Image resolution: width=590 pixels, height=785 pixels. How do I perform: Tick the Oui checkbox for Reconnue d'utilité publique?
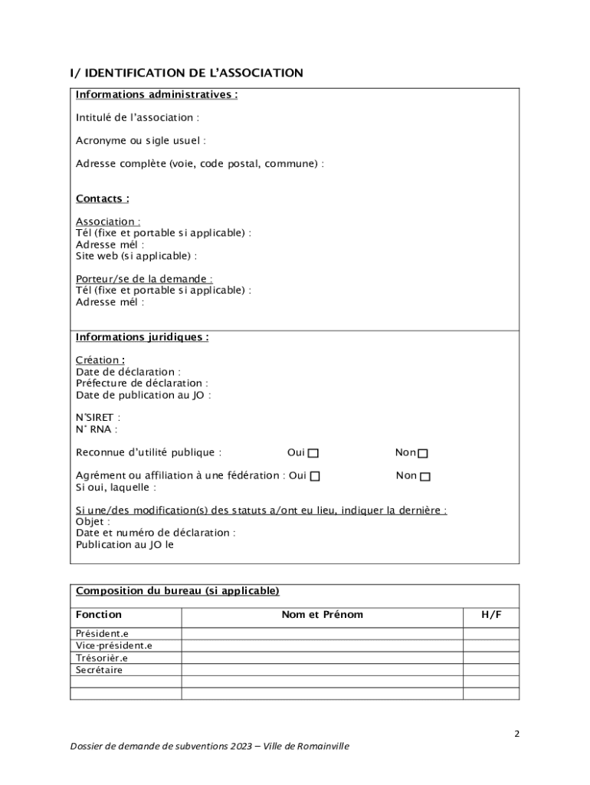click(x=313, y=454)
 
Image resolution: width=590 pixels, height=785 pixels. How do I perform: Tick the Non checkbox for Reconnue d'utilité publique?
click(x=423, y=454)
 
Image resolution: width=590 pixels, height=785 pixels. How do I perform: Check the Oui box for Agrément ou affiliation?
click(x=315, y=477)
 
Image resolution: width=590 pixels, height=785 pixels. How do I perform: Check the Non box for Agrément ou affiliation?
click(x=425, y=477)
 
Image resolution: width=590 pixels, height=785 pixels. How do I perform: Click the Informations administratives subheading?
click(x=156, y=95)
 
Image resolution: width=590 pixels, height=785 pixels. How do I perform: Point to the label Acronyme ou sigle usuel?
click(x=140, y=141)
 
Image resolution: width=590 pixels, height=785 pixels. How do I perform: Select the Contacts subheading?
click(x=102, y=199)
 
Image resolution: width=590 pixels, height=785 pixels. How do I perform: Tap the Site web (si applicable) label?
click(x=136, y=256)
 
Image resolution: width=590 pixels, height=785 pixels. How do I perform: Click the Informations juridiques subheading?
click(x=142, y=337)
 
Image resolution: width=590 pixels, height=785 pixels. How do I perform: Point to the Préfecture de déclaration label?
click(x=142, y=383)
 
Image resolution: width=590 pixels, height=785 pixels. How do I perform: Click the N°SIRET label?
click(x=98, y=418)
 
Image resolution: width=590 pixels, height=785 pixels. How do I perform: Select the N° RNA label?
click(x=97, y=429)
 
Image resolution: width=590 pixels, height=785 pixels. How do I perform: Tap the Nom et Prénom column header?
click(x=323, y=615)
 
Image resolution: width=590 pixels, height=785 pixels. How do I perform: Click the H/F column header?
click(x=492, y=615)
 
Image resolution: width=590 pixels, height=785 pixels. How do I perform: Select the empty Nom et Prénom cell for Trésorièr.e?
click(x=323, y=658)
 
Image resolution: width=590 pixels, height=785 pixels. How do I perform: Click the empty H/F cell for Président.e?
click(x=492, y=633)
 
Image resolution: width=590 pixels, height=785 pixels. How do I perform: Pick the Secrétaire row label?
click(x=99, y=670)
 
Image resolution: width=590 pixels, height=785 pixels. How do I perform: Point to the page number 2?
click(x=516, y=734)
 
